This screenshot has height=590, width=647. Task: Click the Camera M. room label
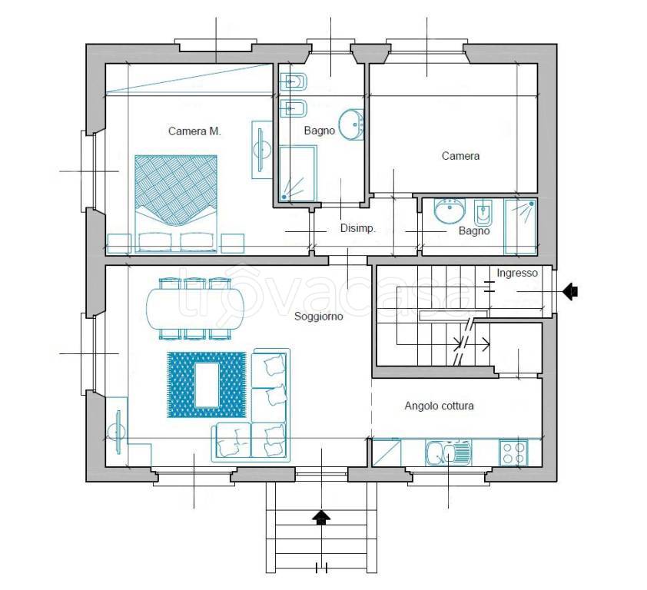pos(194,131)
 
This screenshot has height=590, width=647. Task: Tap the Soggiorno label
pos(319,317)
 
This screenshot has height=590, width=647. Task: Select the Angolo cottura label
pos(439,406)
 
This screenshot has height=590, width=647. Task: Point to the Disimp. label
pos(358,228)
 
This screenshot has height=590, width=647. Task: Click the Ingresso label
pos(517,273)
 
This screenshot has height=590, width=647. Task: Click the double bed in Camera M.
pos(176,204)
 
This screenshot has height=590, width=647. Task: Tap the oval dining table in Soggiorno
pos(195,308)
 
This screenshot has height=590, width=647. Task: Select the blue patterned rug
pos(206,385)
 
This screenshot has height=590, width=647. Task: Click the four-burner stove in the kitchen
pos(514,452)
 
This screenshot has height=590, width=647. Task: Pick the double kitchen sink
pos(449,452)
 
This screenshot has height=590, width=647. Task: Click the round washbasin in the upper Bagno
pos(351,124)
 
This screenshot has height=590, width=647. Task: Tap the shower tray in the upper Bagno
pos(297,174)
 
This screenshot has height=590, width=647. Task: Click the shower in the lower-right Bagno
pos(520,226)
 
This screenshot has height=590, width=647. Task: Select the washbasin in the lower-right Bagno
pos(450,210)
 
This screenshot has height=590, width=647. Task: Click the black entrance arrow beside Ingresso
pos(570,292)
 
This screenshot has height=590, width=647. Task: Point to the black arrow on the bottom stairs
pos(322,517)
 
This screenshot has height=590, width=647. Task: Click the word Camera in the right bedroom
pos(460,156)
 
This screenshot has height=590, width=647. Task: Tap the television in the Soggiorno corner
pos(118,432)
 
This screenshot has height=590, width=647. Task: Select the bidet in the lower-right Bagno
pos(482,213)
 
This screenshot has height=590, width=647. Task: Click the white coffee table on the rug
pos(206,385)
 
